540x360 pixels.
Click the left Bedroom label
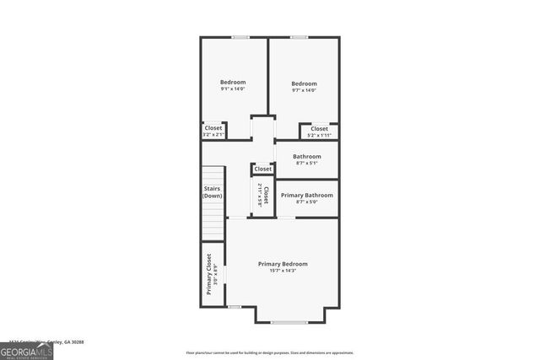pos(233,82)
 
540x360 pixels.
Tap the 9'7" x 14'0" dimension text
pos(304,90)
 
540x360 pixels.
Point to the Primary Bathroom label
pos(306,195)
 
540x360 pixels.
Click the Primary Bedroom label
pos(283,264)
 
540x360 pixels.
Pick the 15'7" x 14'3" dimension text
pos(283,271)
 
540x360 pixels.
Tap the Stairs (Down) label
pos(212,192)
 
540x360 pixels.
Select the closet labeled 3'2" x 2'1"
pos(213,132)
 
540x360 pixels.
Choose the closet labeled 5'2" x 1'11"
pos(319,132)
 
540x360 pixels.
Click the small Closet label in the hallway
pos(263,169)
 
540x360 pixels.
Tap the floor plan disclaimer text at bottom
pos(269,352)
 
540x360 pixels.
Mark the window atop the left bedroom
pos(240,37)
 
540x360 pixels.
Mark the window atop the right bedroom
pos(299,37)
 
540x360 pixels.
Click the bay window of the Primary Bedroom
pos(289,323)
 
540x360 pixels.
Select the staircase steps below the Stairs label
pos(211,221)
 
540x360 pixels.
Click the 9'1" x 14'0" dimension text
pos(233,89)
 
